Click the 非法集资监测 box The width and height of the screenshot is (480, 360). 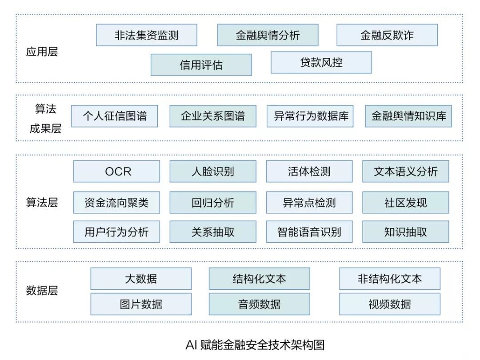point(146,35)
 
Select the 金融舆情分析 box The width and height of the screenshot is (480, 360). point(268,35)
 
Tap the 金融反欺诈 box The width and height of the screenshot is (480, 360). point(387,35)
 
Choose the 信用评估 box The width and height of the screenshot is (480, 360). point(201,65)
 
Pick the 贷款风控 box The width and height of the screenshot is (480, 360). point(321,62)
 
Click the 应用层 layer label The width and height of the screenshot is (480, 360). point(42,52)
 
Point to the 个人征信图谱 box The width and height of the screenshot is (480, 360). point(114,116)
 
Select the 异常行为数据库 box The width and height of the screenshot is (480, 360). point(310,116)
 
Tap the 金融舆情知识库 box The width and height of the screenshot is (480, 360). point(408,116)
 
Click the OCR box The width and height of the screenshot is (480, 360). point(116,172)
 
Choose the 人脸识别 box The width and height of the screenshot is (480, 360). point(212,172)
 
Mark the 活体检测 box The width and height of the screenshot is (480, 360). point(309,172)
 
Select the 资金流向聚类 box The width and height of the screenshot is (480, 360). point(116,203)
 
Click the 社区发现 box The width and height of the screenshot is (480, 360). point(405,203)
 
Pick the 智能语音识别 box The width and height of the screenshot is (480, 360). point(309,232)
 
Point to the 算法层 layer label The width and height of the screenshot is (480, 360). point(42,203)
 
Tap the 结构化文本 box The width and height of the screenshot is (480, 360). point(259,279)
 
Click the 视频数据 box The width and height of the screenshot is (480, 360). point(389,304)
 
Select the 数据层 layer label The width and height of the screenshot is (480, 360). point(42,291)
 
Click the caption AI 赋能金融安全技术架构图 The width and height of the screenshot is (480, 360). point(255,345)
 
